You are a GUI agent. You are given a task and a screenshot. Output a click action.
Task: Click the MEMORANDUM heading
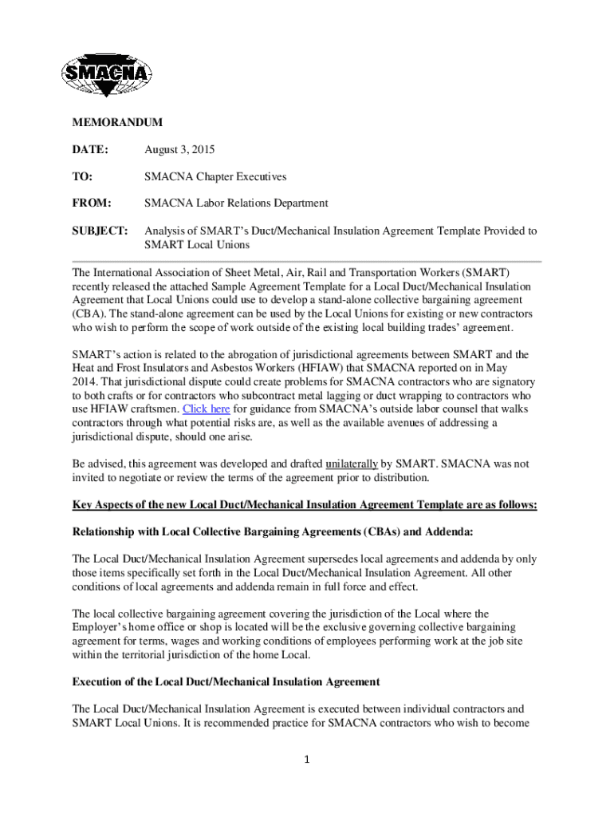pyautogui.click(x=117, y=123)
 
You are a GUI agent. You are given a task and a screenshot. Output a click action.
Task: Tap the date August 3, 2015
pyautogui.click(x=179, y=150)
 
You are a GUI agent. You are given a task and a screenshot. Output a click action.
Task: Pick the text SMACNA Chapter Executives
pyautogui.click(x=215, y=176)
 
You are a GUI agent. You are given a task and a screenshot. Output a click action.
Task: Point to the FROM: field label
pyautogui.click(x=92, y=203)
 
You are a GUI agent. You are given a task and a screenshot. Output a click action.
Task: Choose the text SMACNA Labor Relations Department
pyautogui.click(x=236, y=203)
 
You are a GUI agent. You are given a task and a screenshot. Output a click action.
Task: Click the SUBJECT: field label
pyautogui.click(x=100, y=231)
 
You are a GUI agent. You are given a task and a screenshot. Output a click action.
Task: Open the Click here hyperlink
pyautogui.click(x=207, y=408)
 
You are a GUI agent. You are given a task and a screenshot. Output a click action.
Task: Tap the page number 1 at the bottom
pyautogui.click(x=306, y=759)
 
